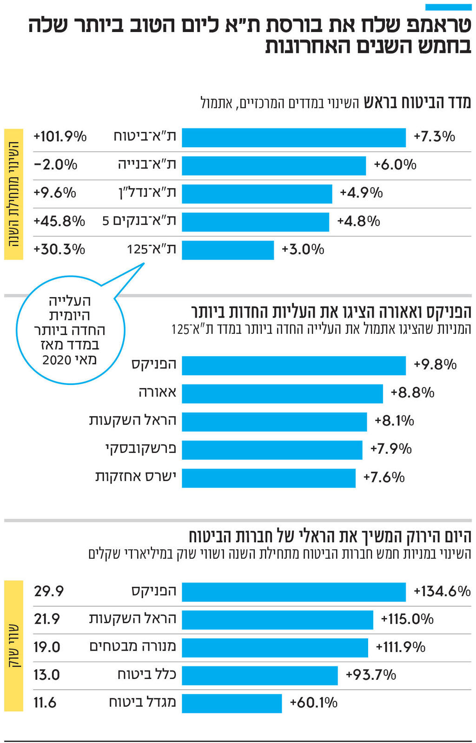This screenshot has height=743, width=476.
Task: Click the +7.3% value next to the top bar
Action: (x=434, y=137)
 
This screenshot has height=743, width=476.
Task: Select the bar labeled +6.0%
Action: (x=273, y=166)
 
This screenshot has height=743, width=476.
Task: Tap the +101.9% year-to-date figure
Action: (x=60, y=137)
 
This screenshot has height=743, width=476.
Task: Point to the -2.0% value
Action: (x=55, y=164)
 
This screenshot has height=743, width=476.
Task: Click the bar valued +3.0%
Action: (x=228, y=250)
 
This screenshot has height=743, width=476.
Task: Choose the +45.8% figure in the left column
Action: (x=59, y=221)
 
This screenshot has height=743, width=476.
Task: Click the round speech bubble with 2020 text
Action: (x=70, y=331)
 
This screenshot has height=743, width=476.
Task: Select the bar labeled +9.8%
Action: (x=293, y=365)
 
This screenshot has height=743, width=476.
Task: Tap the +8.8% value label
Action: (x=412, y=393)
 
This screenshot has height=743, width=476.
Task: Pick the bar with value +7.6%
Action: (x=268, y=478)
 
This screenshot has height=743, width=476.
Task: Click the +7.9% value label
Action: (x=391, y=449)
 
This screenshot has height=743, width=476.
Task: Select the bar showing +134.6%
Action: (x=293, y=592)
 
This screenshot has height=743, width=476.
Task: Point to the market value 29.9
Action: (x=49, y=591)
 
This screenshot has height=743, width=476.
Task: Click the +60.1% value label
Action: (x=313, y=703)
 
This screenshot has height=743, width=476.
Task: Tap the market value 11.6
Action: (x=45, y=703)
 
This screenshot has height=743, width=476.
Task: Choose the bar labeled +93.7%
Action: (x=259, y=676)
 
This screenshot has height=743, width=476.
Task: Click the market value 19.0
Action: (x=47, y=647)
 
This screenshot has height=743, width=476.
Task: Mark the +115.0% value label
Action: (x=407, y=619)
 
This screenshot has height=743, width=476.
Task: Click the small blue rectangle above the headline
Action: (x=448, y=7)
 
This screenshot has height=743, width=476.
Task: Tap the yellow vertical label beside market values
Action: (x=13, y=645)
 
